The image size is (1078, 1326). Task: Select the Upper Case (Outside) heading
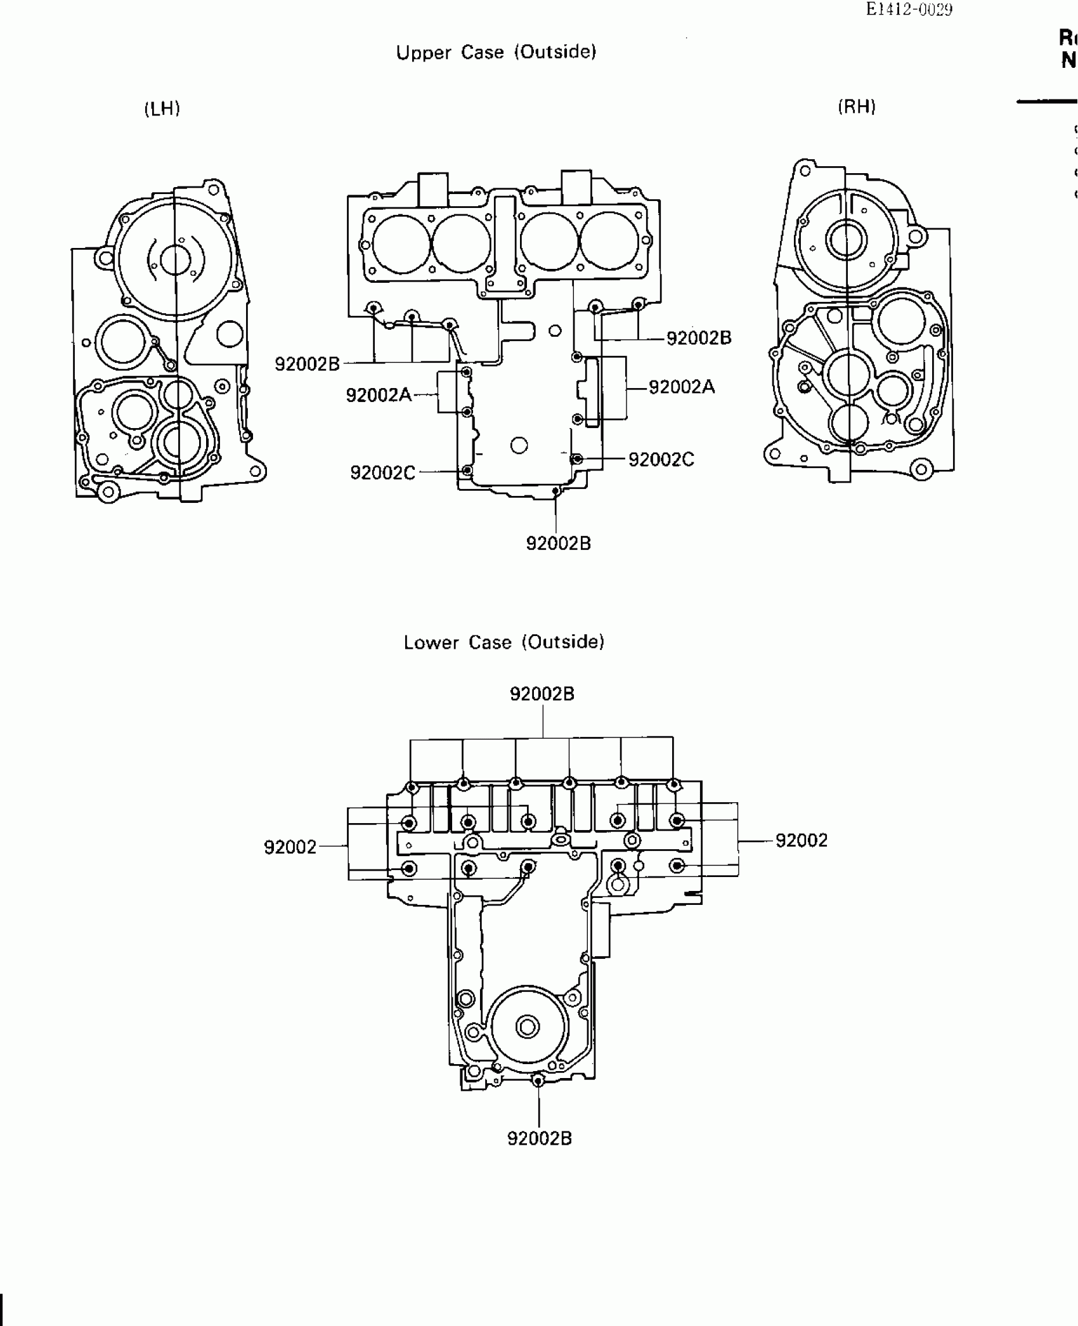click(496, 52)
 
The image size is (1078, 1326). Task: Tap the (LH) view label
click(162, 109)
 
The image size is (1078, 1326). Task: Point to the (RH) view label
click(857, 107)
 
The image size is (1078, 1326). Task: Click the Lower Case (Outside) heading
click(504, 642)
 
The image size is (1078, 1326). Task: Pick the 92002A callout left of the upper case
click(379, 396)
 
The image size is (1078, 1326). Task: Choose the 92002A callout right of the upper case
click(682, 387)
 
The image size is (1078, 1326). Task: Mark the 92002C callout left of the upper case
click(383, 472)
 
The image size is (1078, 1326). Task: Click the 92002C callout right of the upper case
click(661, 460)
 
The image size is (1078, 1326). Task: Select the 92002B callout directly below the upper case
click(559, 543)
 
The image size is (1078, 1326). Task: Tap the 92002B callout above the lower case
click(542, 694)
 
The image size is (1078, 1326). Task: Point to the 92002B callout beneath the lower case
click(540, 1138)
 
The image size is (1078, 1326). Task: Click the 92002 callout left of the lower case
click(290, 847)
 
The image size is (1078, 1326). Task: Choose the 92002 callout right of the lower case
click(802, 841)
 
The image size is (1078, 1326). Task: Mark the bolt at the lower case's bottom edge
click(538, 1081)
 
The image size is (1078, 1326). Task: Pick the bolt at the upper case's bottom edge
click(555, 491)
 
